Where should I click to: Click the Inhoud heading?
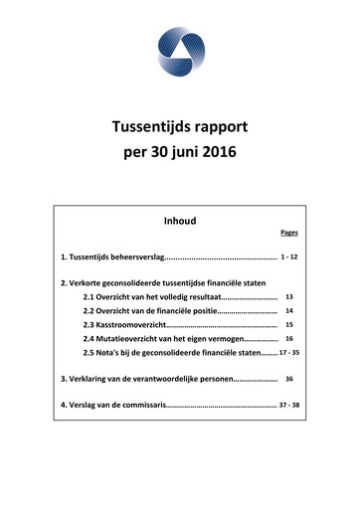click(x=179, y=220)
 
